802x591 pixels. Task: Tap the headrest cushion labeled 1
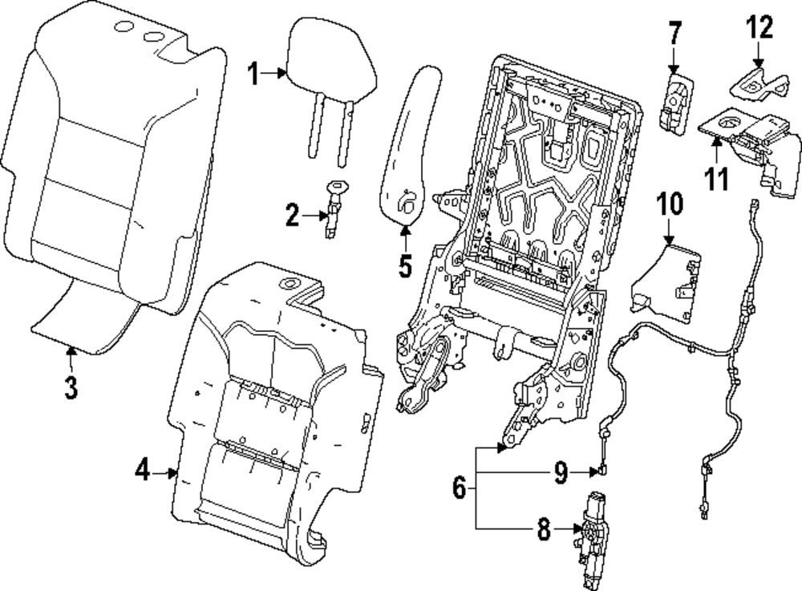pos(331,60)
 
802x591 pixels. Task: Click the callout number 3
pos(71,387)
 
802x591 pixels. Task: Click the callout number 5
pos(405,264)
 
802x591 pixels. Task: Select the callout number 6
pos(460,487)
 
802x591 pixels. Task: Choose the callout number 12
pos(758,30)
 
